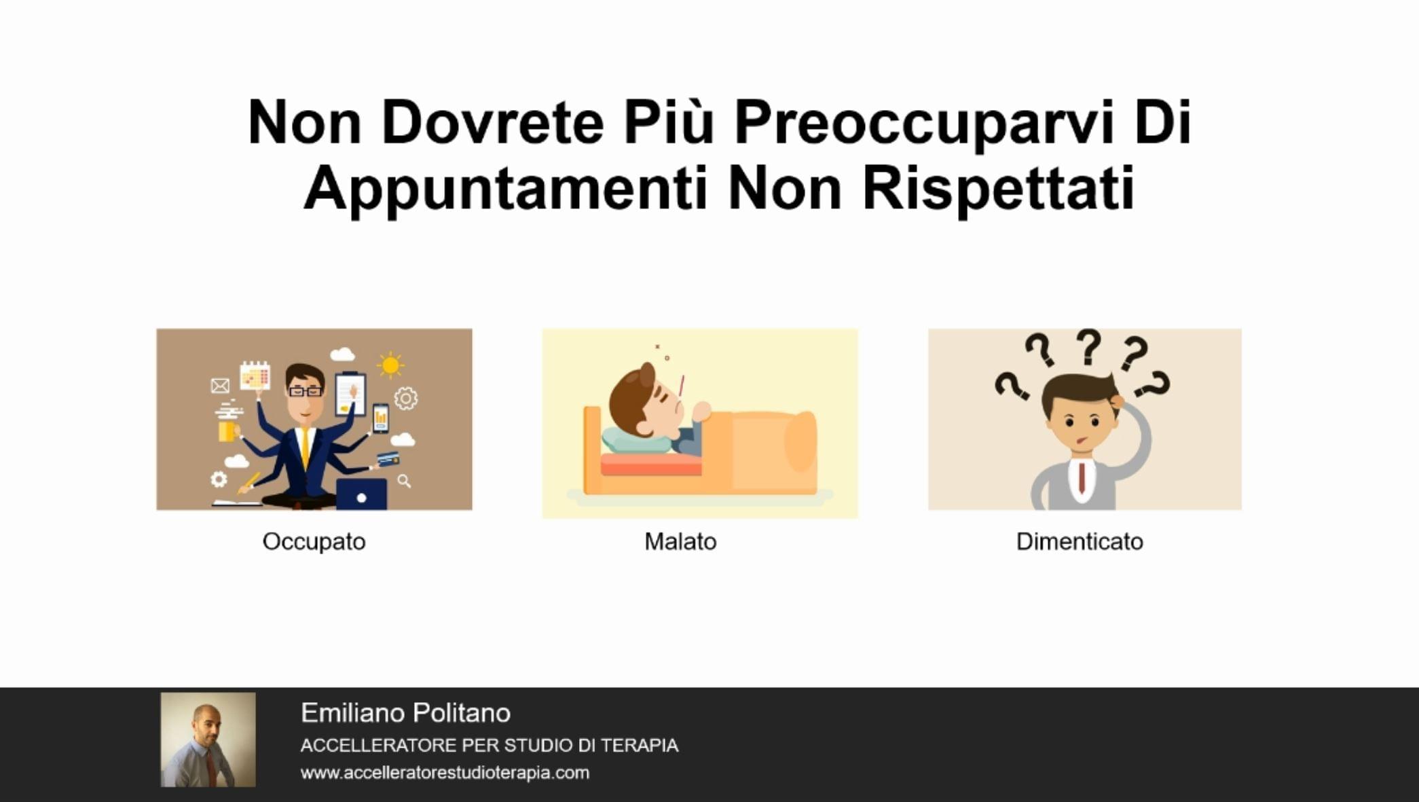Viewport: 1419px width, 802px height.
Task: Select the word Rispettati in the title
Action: pos(998,189)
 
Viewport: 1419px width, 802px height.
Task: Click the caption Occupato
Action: pos(314,542)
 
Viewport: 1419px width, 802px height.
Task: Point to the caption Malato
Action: pos(680,541)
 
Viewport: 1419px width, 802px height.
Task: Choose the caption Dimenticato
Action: pos(1080,541)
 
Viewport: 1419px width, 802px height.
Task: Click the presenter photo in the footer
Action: pos(208,740)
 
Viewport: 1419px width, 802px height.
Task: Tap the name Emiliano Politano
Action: pos(405,713)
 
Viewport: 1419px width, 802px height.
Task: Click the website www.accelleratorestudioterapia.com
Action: pos(445,773)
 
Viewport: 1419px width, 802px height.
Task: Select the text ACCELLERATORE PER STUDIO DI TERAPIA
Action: pos(490,745)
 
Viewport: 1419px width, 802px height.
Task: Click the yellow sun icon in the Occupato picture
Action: pos(390,365)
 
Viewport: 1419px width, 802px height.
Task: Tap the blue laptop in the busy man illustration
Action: pos(361,494)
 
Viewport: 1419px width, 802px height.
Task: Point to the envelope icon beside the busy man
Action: pos(220,386)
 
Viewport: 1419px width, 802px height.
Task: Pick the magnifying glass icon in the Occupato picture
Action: pos(404,481)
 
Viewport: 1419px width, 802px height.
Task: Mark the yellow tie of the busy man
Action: pos(306,448)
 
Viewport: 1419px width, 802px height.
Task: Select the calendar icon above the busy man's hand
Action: pos(255,376)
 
